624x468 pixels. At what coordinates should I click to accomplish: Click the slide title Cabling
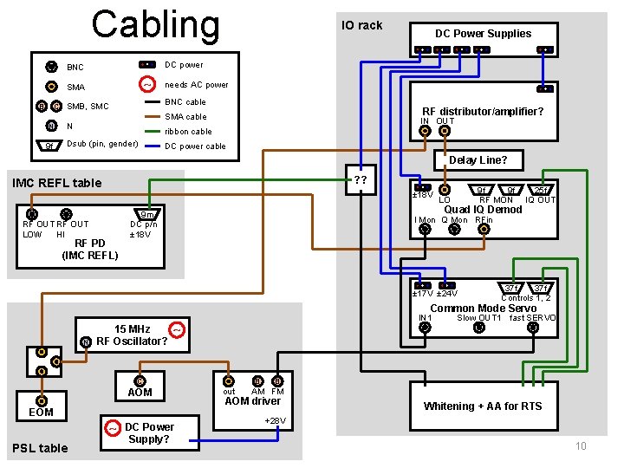[156, 24]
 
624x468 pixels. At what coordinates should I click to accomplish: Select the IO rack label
[361, 25]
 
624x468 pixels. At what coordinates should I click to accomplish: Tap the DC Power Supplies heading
[483, 34]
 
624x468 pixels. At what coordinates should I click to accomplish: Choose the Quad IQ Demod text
[483, 209]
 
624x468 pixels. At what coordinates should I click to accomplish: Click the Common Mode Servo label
[483, 309]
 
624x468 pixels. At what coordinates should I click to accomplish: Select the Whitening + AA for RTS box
[483, 406]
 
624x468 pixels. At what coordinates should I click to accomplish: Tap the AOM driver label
[253, 401]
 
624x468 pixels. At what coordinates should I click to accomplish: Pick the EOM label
[41, 412]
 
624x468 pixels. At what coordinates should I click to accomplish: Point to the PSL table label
[39, 448]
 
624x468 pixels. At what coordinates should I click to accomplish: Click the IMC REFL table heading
[56, 183]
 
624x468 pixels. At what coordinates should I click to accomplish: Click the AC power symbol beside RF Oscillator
[177, 330]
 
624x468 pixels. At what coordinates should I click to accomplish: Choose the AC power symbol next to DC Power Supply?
[113, 428]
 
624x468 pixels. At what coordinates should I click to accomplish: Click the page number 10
[581, 446]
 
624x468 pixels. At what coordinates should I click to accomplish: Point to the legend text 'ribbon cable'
[188, 132]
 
